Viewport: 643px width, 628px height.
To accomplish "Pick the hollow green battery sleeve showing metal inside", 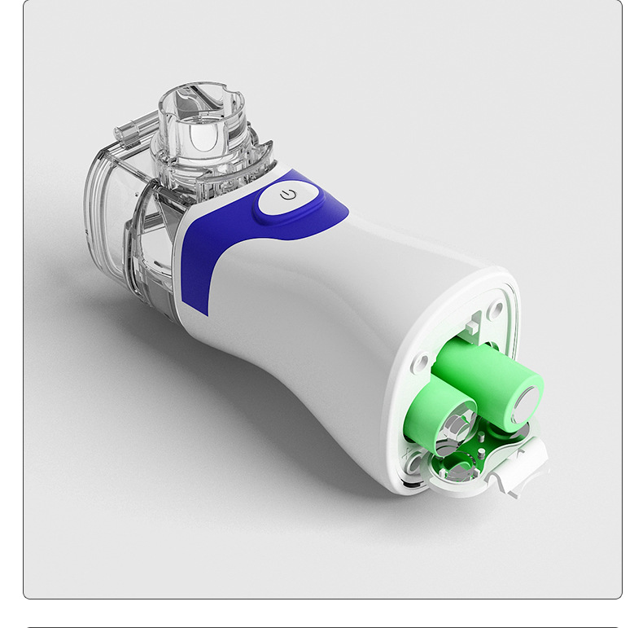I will (x=444, y=415).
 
